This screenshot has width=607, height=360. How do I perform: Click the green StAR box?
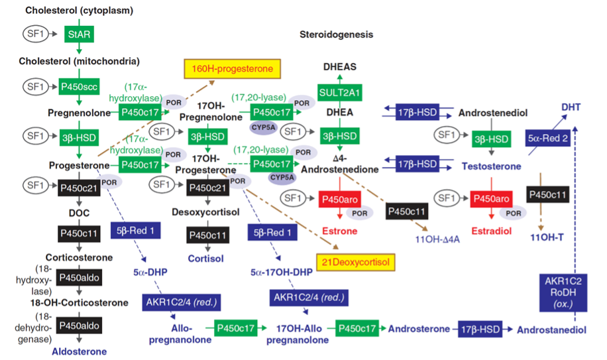tap(78, 33)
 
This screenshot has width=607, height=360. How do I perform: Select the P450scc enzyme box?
tap(78, 87)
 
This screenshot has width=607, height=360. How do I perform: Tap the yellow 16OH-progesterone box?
tap(232, 68)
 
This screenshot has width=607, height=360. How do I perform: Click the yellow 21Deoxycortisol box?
tap(356, 261)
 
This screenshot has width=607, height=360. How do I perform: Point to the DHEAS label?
tap(339, 67)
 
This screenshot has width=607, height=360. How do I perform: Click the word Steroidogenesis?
tap(336, 34)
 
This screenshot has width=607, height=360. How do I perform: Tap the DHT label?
tap(571, 106)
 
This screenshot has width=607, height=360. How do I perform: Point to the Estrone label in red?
tap(339, 232)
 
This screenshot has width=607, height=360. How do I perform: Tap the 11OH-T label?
tap(547, 236)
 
